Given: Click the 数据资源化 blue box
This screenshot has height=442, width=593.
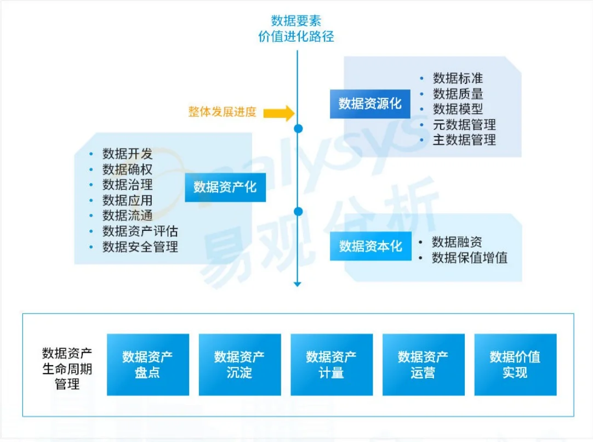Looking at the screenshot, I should coord(370,104).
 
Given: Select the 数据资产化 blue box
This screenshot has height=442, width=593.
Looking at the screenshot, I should coord(225,187).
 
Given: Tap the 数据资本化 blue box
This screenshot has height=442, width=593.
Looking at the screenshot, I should coord(370,246).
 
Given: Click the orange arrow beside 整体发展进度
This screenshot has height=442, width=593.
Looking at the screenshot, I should coord(279,113).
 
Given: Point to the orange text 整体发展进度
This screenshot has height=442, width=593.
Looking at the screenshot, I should coord(223,112).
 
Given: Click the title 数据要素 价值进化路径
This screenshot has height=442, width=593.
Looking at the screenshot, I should coord(296,29).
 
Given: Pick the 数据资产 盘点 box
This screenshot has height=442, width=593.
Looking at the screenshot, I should coord(148,365).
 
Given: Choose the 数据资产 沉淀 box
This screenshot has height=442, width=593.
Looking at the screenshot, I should coord(240,365).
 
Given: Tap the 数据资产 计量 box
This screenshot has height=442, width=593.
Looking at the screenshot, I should coord(332,365).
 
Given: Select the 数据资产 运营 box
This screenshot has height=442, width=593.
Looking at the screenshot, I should coord(423,365).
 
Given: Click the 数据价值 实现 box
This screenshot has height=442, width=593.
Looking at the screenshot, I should coord(515,365).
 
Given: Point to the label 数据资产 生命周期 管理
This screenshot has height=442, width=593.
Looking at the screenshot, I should coord(67,368).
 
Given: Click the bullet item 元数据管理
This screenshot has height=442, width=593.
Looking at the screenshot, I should coord(464,124).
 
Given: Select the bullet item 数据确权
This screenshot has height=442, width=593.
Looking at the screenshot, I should coord(127,169).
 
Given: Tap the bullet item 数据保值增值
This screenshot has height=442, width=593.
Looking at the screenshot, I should coord(469,257).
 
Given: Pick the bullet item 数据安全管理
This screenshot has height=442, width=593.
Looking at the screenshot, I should coord(140,247).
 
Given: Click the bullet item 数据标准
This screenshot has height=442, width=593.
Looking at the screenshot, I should coord(458,78).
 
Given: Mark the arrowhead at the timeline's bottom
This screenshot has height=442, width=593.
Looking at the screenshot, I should coord(298,284).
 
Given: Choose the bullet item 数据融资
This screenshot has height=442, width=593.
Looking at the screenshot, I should coord(457,242).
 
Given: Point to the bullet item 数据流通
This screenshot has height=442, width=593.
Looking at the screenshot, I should coord(127,216).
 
